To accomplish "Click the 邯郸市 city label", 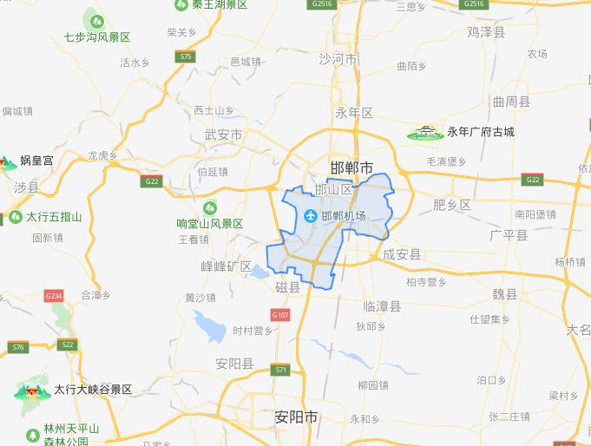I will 352,167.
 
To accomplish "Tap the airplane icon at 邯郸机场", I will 311,215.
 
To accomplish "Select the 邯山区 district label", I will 334,189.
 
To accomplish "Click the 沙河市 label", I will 338,60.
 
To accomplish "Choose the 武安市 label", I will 223,135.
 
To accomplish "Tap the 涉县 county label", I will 27,187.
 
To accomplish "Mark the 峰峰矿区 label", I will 226,266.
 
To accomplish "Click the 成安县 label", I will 402,254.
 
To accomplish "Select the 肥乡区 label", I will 452,205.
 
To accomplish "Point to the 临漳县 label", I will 382,306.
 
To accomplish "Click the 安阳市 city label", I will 296,417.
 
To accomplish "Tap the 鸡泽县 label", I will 486,32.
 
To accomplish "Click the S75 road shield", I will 183,56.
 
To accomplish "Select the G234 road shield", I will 54,296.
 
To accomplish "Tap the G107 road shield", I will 279,315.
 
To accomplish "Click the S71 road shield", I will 280,370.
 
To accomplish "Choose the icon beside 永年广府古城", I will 424,133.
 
